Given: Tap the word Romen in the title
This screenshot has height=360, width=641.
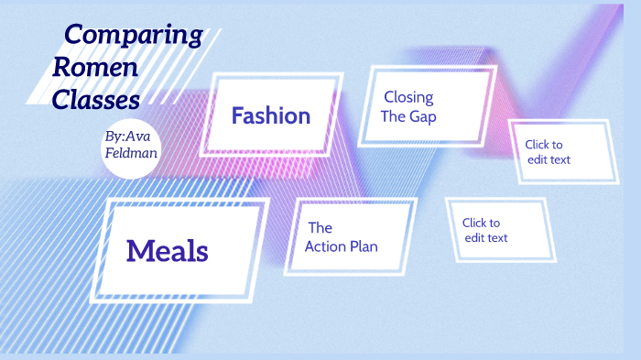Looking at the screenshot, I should pos(96,67).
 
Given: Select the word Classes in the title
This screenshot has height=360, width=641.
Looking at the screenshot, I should pos(97,98).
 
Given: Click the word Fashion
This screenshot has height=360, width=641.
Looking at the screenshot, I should pos(270,116).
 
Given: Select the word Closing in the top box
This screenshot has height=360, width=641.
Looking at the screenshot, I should pos(408,97).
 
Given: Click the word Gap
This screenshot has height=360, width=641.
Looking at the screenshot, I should pos(423,116).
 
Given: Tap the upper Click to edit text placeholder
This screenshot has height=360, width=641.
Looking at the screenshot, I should pos(549,151).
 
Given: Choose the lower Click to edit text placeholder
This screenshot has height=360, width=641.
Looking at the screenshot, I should pos(485,230).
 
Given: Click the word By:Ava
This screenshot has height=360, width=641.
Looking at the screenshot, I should pos(127,136).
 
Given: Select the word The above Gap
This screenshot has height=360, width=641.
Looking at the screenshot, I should pos(393,116).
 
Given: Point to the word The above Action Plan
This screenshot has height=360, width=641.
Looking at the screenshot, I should pos(320,227).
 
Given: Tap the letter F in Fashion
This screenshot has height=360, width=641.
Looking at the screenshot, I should pos(238,116).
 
